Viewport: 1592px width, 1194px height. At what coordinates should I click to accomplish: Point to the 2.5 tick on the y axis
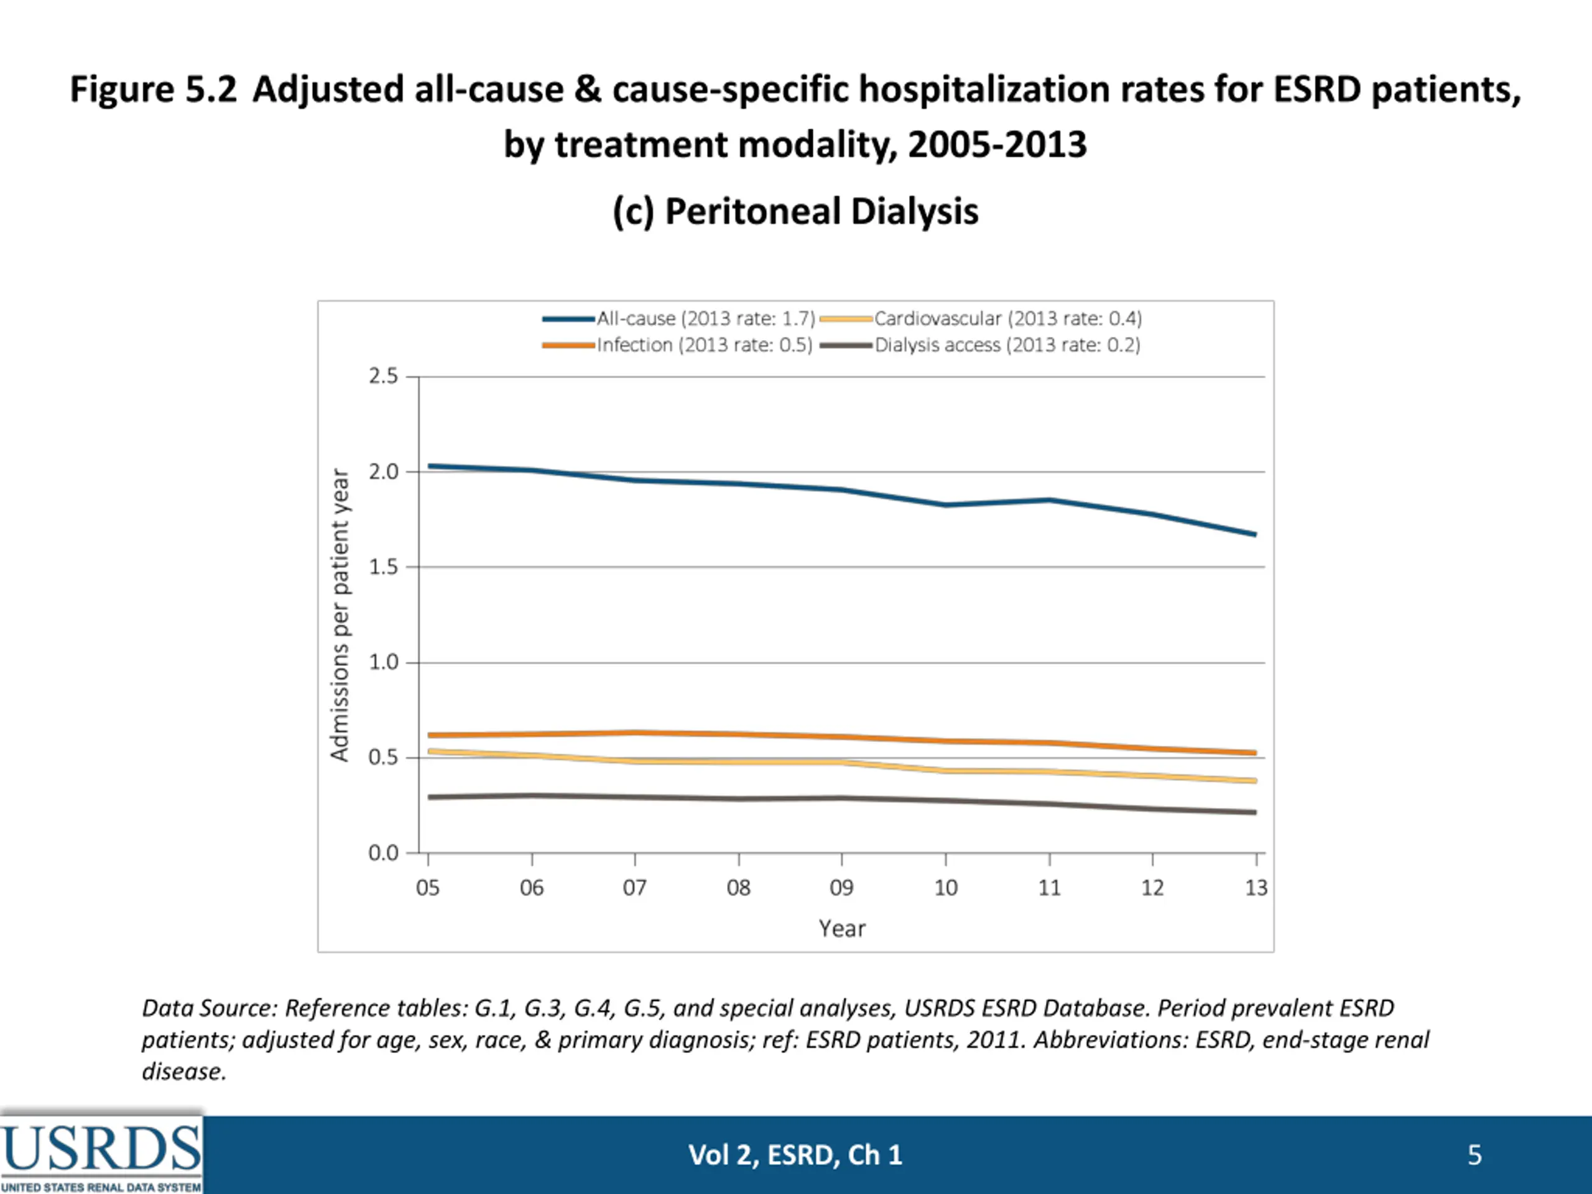tap(383, 376)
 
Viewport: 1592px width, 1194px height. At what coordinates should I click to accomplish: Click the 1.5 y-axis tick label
tap(383, 567)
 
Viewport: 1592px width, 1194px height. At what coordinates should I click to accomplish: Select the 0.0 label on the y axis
tap(383, 854)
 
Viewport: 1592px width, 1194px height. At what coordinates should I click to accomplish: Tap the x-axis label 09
tap(841, 888)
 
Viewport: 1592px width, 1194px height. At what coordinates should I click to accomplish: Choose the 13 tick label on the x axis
tap(1256, 888)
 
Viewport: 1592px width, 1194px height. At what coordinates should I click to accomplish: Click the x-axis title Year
tap(841, 929)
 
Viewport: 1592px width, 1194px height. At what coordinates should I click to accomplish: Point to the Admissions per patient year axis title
tap(340, 616)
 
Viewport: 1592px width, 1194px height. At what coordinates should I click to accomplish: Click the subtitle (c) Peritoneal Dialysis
tap(795, 212)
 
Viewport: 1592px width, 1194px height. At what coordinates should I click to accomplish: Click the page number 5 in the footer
tap(1474, 1155)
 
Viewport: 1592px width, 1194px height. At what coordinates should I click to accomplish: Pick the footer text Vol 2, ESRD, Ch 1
tap(795, 1155)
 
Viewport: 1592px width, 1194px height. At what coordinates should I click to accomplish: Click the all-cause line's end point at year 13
tap(1255, 535)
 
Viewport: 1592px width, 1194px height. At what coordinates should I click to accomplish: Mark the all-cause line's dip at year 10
tap(946, 505)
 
